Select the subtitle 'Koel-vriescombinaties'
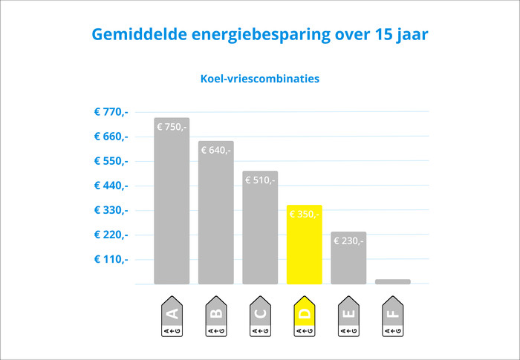point(260,78)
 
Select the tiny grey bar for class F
point(392,281)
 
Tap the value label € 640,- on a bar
point(215,150)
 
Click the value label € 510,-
point(260,180)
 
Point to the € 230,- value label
point(348,240)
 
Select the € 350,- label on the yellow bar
point(304,215)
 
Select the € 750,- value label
point(172,127)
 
